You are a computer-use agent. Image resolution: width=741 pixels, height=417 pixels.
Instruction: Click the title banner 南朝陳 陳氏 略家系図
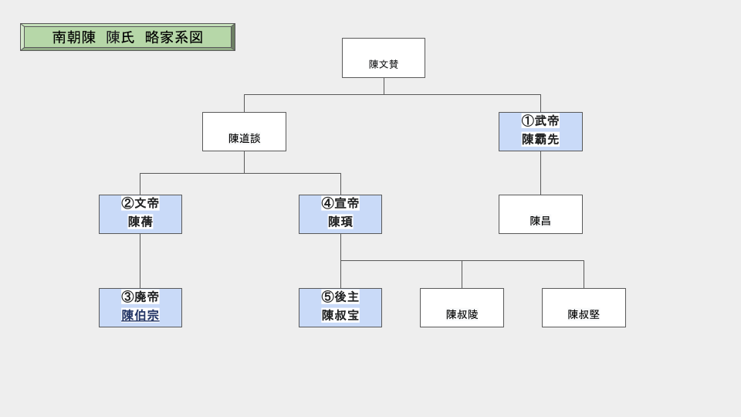point(127,37)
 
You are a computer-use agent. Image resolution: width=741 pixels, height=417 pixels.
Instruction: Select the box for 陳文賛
point(384,59)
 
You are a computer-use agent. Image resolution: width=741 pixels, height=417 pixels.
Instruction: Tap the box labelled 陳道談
point(244,132)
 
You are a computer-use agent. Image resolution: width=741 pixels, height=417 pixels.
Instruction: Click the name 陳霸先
point(540,140)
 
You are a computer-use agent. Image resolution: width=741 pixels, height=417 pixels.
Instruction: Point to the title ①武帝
point(540,121)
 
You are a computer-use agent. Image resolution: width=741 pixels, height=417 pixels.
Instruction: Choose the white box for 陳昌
point(540,215)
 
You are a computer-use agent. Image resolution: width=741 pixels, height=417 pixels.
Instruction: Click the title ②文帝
point(140,204)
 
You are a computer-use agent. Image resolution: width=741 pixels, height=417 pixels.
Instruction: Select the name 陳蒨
point(140,222)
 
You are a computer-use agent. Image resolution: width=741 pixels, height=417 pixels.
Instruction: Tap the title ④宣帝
point(340,204)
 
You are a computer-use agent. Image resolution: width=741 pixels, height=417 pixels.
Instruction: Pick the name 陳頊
point(340,222)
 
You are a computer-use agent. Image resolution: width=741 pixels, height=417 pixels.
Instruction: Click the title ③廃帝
point(140,297)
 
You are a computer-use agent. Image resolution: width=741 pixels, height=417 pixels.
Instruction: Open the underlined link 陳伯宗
point(140,316)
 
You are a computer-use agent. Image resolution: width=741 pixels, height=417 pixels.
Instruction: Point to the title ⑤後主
point(340,297)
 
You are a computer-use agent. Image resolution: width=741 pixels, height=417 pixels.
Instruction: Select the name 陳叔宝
point(340,316)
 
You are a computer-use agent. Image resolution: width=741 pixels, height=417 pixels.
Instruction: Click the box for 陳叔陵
point(462,308)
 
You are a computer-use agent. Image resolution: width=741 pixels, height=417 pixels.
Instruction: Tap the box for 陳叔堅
point(584,308)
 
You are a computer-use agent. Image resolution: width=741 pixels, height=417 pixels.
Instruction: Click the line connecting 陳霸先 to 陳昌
point(540,173)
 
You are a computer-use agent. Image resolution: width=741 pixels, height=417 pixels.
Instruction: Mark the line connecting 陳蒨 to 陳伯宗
point(140,261)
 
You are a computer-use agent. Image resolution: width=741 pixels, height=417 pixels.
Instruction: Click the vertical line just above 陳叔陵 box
point(462,274)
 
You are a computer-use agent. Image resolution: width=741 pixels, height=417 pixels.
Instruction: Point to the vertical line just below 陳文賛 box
point(384,86)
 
